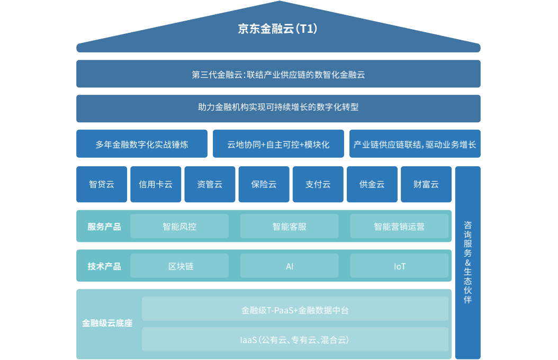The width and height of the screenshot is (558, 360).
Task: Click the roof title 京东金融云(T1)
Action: click(x=278, y=29)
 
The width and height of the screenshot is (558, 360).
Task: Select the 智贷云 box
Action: click(x=102, y=184)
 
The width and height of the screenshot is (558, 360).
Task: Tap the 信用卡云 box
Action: click(x=156, y=184)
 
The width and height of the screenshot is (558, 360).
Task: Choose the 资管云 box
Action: click(x=210, y=184)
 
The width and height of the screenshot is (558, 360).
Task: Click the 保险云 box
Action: click(x=264, y=184)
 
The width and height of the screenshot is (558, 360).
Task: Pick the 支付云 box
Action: click(x=318, y=184)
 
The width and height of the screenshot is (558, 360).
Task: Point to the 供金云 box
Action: click(x=372, y=184)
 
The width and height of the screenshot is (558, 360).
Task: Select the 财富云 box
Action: click(x=426, y=184)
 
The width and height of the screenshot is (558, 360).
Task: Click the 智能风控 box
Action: click(x=179, y=226)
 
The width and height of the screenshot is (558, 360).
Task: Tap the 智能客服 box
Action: click(x=289, y=226)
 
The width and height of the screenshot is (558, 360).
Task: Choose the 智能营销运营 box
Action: click(x=399, y=226)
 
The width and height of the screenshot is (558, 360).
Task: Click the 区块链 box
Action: click(x=179, y=266)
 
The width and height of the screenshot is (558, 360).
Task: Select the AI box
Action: click(x=289, y=266)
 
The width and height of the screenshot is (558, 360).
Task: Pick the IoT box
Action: click(x=399, y=266)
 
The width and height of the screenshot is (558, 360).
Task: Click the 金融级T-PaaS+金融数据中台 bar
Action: click(x=295, y=310)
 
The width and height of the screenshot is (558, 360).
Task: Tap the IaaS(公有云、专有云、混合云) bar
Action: click(x=295, y=339)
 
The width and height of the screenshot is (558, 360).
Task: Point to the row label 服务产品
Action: click(x=104, y=227)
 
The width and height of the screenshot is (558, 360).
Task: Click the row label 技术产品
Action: click(x=104, y=266)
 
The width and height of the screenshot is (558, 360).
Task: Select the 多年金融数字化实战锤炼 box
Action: click(x=141, y=144)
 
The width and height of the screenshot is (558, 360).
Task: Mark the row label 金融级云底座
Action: click(x=107, y=323)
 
